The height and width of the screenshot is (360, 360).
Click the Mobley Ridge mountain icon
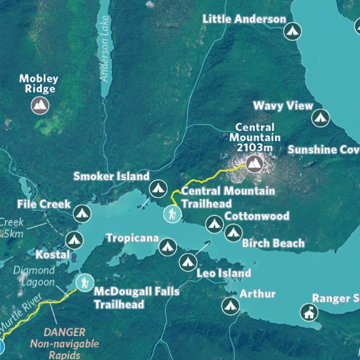click(x=40, y=106)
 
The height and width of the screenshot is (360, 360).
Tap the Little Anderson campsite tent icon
click(x=292, y=30)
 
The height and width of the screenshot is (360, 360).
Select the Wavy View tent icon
click(x=321, y=117)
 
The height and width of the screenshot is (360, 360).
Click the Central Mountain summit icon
click(x=254, y=162)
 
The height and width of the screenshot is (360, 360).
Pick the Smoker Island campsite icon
click(x=158, y=188)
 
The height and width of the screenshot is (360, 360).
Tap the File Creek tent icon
click(x=81, y=212)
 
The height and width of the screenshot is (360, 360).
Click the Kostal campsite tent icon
click(x=74, y=239)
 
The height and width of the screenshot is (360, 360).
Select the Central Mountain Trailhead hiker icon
click(x=172, y=214)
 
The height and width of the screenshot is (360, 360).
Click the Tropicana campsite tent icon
click(x=167, y=245)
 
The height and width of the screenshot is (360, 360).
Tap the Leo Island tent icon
click(x=187, y=262)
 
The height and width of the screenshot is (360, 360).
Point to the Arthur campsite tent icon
click(x=230, y=306)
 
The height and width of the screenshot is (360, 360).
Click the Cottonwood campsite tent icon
click(x=214, y=224)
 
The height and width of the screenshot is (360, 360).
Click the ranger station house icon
click(x=308, y=312)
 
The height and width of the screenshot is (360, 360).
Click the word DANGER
click(x=65, y=332)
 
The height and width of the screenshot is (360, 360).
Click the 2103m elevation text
click(x=254, y=148)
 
